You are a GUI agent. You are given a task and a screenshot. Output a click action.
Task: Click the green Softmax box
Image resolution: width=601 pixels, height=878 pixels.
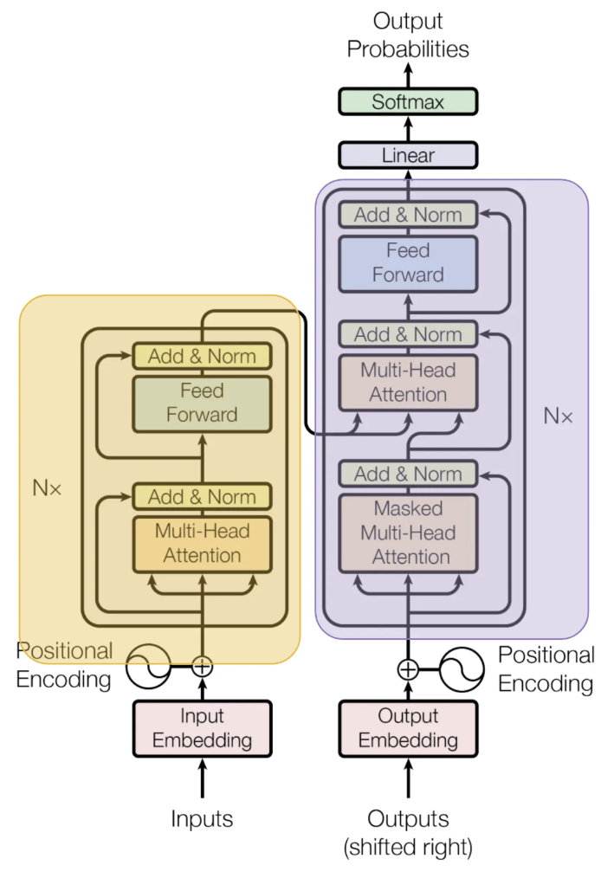[408, 101]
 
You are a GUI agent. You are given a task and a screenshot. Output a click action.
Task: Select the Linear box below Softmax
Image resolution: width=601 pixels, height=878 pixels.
[408, 156]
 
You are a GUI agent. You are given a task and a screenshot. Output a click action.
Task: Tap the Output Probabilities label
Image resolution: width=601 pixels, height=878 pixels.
[408, 36]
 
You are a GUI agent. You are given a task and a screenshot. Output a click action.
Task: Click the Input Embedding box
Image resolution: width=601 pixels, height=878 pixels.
[202, 728]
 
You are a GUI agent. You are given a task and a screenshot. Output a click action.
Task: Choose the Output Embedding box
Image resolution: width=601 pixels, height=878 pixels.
[408, 728]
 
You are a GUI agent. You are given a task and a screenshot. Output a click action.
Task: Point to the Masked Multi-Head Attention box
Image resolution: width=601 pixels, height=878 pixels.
[408, 533]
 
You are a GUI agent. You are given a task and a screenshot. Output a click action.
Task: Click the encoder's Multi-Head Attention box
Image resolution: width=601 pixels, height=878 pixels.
[202, 544]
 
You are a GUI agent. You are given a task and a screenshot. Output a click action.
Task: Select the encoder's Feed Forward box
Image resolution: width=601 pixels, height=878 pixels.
[202, 403]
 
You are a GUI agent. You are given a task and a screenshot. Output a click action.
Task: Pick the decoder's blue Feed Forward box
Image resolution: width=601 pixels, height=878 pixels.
[408, 262]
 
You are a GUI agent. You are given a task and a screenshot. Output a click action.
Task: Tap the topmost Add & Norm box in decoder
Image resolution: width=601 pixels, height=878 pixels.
[408, 215]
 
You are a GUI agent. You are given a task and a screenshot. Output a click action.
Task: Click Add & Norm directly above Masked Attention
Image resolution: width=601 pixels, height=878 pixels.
[408, 474]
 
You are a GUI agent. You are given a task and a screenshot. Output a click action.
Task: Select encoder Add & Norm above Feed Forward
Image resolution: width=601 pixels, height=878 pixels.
[202, 356]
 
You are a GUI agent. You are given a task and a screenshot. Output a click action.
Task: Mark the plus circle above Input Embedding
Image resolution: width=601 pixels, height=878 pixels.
[202, 666]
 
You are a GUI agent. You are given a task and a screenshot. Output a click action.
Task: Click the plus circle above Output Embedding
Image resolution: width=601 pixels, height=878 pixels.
[408, 668]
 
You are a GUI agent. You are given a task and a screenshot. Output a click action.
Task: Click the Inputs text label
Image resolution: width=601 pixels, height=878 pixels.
[202, 818]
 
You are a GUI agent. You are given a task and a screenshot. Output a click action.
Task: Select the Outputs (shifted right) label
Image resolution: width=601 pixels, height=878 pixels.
[408, 832]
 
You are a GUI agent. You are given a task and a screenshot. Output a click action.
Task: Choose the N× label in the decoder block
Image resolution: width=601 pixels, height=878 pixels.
[558, 416]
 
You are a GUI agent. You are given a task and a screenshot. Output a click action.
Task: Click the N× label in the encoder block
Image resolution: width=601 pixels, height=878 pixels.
[48, 487]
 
